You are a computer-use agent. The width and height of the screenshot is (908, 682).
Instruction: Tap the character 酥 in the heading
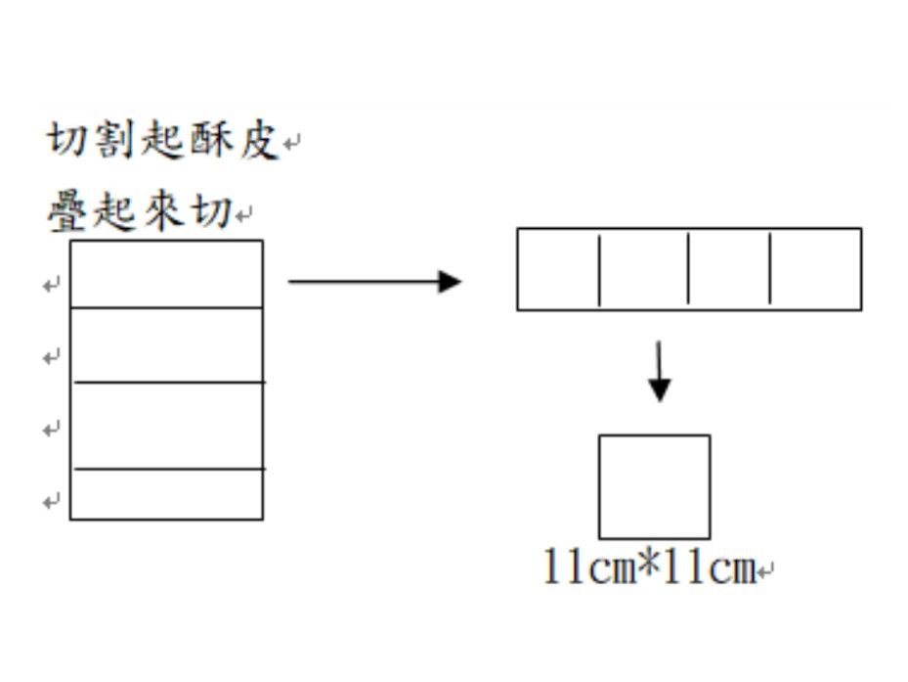pyautogui.click(x=211, y=141)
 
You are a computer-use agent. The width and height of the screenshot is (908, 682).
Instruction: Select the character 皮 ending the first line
pyautogui.click(x=258, y=141)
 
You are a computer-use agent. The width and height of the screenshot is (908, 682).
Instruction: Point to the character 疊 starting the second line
pyautogui.click(x=68, y=212)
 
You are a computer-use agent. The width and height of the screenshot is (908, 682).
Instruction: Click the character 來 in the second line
pyautogui.click(x=163, y=212)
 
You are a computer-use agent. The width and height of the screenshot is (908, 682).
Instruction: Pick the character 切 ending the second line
pyautogui.click(x=211, y=212)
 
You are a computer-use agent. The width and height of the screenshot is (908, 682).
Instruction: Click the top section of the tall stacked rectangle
pyautogui.click(x=166, y=274)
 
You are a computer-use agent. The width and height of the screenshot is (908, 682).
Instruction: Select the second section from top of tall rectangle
pyautogui.click(x=166, y=344)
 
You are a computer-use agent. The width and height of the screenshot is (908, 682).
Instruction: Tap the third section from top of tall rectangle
pyautogui.click(x=166, y=426)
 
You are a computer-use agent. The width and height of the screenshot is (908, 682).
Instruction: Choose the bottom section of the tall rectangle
pyautogui.click(x=166, y=494)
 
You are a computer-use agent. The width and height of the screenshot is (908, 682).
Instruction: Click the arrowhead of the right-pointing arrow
pyautogui.click(x=449, y=282)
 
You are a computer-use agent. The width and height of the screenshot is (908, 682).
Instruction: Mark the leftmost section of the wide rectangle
pyautogui.click(x=557, y=269)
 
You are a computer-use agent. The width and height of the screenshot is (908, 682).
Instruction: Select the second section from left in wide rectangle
pyautogui.click(x=643, y=269)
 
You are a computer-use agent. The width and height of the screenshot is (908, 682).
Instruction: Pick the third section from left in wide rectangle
pyautogui.click(x=729, y=269)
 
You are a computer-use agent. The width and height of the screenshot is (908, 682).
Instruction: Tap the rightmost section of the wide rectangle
pyautogui.click(x=815, y=269)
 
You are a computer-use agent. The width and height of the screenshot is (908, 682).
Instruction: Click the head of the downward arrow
pyautogui.click(x=660, y=389)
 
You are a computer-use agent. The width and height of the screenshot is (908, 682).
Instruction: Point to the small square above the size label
pyautogui.click(x=654, y=486)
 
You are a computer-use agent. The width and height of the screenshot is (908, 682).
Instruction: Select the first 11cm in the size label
pyautogui.click(x=588, y=568)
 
